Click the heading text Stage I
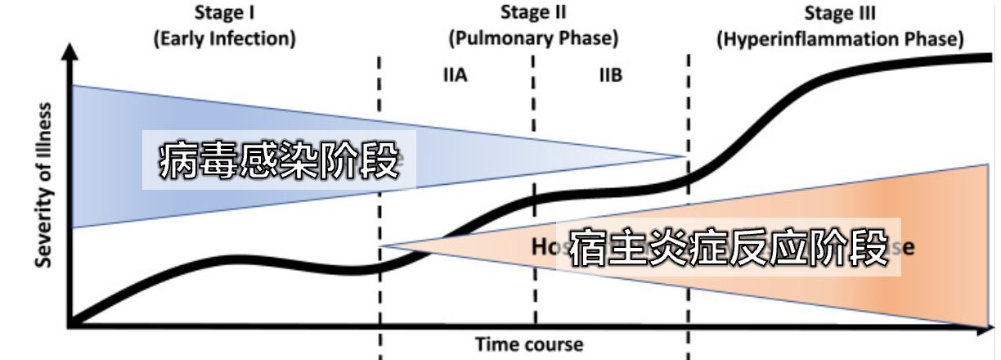point(224,13)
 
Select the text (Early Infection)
point(224,38)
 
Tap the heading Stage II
point(533,13)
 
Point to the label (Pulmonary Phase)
point(533,38)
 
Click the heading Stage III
point(840,13)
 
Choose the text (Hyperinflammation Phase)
point(840,38)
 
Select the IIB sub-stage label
point(610,75)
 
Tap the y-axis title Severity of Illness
point(44,185)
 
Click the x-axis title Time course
point(529,344)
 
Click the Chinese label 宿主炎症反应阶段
point(728,246)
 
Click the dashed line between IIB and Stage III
point(689,106)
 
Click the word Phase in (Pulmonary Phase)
point(589,38)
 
